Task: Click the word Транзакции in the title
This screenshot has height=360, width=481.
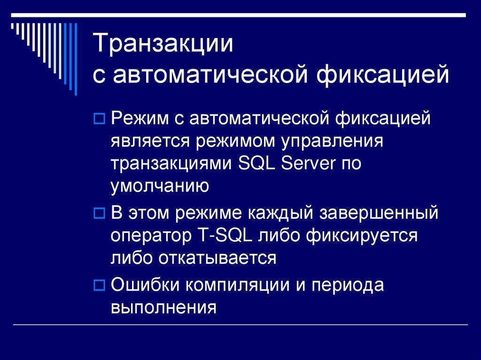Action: [165, 44]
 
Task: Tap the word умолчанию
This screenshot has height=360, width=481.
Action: [160, 186]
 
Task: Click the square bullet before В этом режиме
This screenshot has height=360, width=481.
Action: [99, 213]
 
